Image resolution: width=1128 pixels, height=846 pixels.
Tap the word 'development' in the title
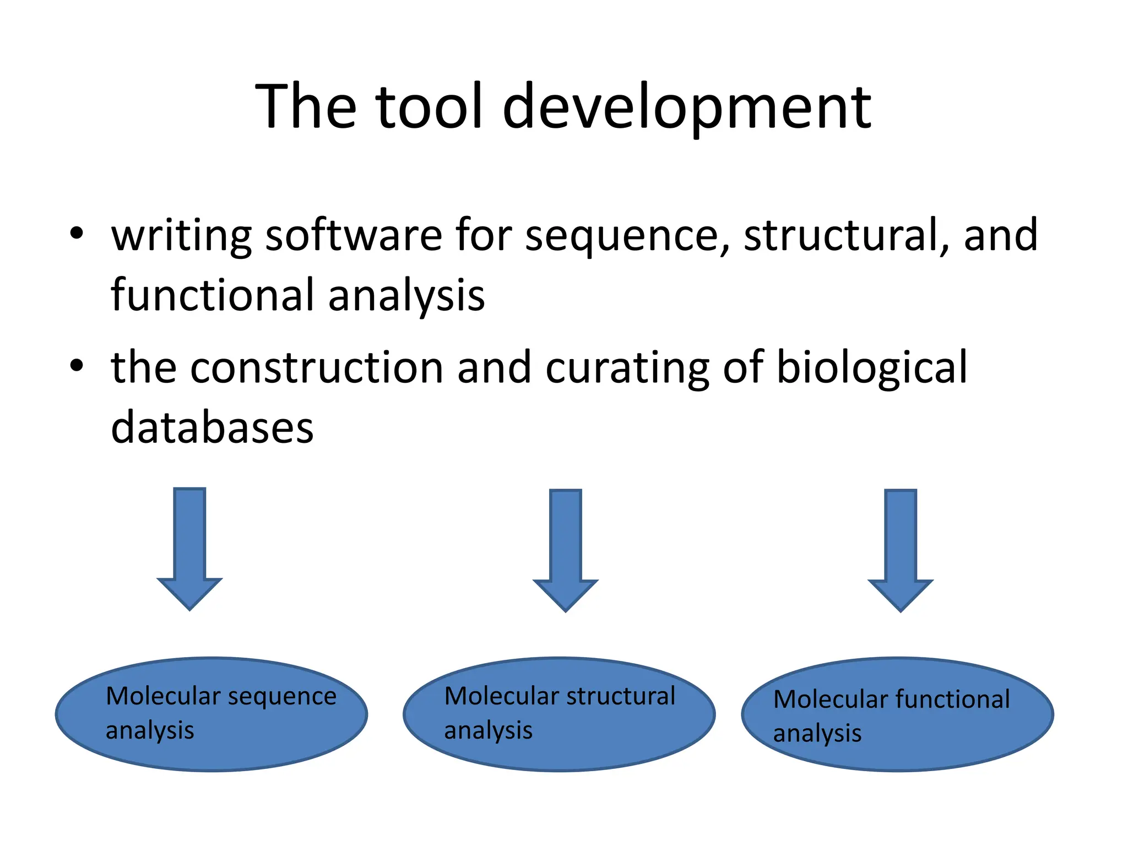(686, 107)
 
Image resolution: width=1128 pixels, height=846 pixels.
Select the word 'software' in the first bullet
(354, 235)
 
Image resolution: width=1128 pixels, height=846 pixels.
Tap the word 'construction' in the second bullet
(317, 367)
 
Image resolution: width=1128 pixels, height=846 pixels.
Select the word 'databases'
(212, 427)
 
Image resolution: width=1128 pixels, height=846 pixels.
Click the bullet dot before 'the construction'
(77, 365)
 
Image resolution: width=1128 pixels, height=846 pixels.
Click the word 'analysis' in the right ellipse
(817, 734)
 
